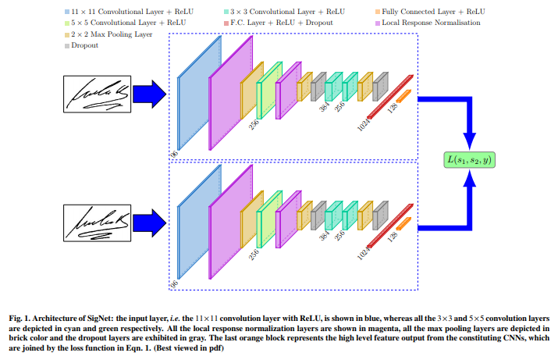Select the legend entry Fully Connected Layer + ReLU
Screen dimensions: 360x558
[422, 12]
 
